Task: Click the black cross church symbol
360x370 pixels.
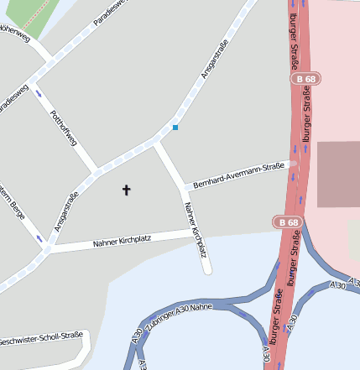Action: tap(127, 190)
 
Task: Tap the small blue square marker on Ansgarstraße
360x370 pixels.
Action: tap(175, 128)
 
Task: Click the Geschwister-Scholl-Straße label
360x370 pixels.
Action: tap(42, 339)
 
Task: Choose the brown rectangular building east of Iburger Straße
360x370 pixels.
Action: tap(338, 174)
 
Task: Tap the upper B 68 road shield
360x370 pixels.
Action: tap(307, 79)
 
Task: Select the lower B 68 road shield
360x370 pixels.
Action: tap(288, 222)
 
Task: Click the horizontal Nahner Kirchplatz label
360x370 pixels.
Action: tap(122, 242)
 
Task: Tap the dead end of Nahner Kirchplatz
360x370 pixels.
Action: tap(206, 269)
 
